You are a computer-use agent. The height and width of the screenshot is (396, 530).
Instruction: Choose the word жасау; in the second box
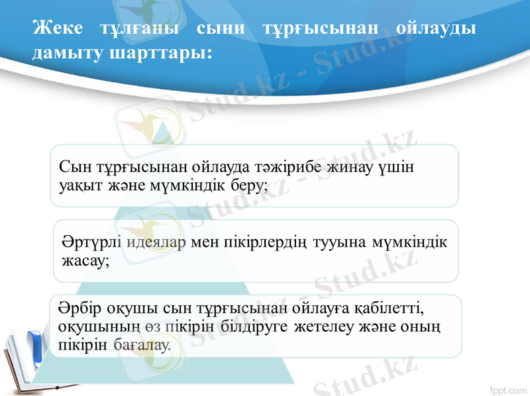85,261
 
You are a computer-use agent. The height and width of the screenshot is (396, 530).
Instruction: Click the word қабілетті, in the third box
392,308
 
